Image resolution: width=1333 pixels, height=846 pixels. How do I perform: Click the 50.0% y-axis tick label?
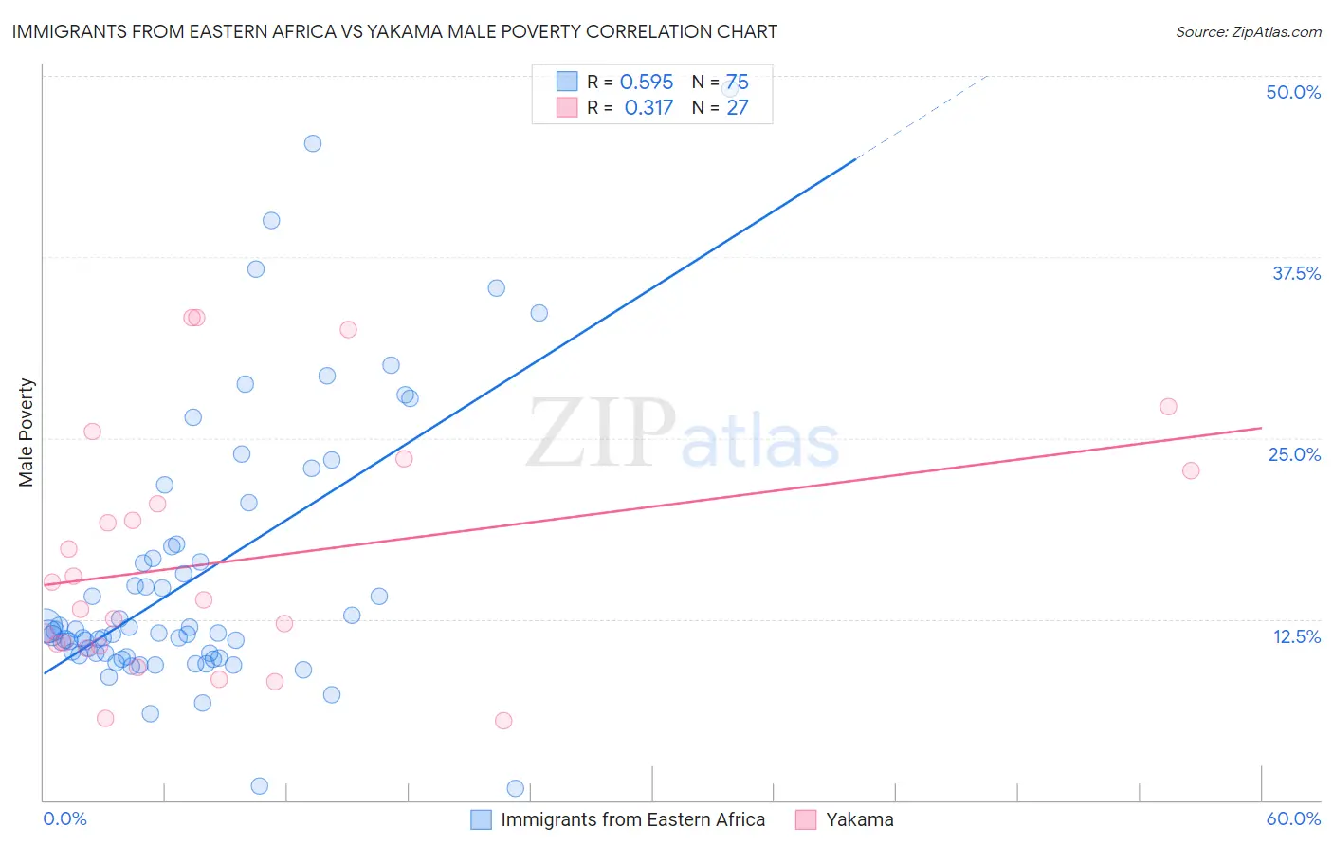[x=1293, y=92]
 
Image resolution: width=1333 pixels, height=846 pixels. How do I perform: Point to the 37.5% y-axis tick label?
[x=1296, y=273]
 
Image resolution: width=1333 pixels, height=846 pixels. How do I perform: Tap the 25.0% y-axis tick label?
[x=1294, y=454]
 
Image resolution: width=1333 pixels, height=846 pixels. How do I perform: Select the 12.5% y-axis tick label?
[x=1296, y=636]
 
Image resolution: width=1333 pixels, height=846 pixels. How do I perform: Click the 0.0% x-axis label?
[x=64, y=818]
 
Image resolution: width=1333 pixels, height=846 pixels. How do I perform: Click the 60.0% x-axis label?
[x=1293, y=818]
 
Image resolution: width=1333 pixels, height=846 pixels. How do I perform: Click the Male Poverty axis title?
[x=26, y=432]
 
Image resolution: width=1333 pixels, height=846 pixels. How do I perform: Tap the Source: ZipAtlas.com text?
[x=1248, y=31]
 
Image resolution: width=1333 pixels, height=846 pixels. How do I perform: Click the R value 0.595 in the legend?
[x=646, y=82]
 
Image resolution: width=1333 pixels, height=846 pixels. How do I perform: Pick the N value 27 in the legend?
[x=737, y=107]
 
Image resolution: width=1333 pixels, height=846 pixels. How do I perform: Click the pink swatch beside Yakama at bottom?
[x=805, y=819]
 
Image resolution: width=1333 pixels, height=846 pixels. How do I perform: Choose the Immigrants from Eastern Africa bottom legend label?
[x=632, y=819]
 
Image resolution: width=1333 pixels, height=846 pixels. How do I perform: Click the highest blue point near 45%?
[x=313, y=143]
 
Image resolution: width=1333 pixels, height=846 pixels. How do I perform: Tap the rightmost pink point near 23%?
[x=1191, y=470]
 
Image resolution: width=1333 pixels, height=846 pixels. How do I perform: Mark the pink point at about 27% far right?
[x=1168, y=406]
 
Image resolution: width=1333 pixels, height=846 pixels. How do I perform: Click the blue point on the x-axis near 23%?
[x=515, y=788]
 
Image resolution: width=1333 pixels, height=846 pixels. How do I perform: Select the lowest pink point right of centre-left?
[x=503, y=721]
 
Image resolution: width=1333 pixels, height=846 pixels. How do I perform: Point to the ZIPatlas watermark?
[x=682, y=435]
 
